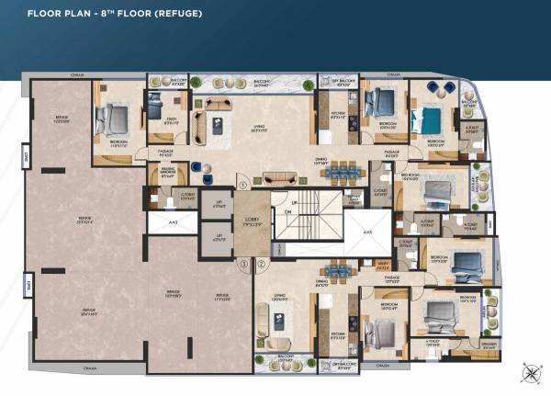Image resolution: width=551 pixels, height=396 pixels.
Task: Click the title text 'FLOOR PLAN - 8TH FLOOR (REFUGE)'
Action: [114, 15]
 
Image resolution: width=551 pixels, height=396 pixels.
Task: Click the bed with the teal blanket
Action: [432, 119]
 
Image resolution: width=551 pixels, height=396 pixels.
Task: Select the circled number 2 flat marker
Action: [262, 265]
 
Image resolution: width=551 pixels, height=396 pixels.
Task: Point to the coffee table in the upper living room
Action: [218, 126]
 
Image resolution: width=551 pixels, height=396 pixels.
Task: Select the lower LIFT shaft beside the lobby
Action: [219, 242]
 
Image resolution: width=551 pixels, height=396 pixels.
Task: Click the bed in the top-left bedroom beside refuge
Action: [113, 118]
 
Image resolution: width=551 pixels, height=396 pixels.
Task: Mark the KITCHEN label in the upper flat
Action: [337, 116]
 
